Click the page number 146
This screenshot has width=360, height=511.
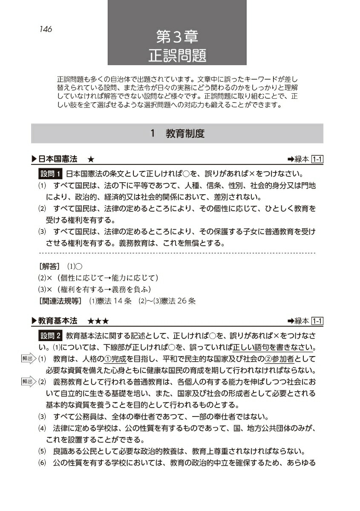pos(44,29)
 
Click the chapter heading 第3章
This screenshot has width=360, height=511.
pos(177,35)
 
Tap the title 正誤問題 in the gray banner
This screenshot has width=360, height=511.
pos(177,54)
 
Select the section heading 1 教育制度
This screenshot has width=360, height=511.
pos(177,134)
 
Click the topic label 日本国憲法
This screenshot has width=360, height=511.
pos(58,159)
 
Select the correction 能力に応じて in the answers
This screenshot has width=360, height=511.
pos(132,278)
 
